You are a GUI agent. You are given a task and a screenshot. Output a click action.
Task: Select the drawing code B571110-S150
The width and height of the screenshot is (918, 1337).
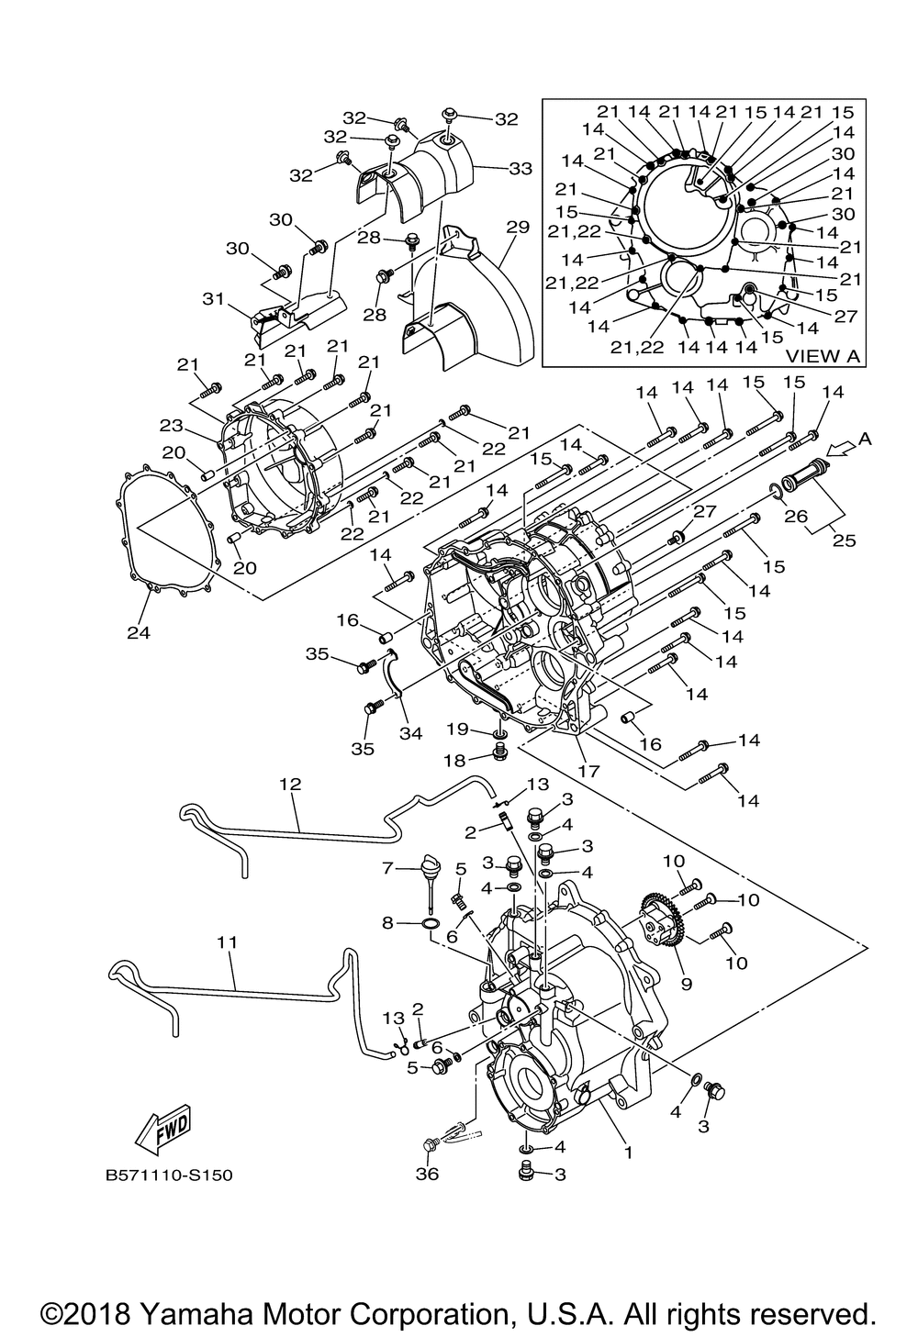tap(162, 1175)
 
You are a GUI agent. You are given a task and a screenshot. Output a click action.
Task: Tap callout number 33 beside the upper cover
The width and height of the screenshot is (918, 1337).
tap(520, 169)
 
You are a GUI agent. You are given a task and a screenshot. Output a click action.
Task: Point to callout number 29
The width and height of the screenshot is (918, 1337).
tap(518, 227)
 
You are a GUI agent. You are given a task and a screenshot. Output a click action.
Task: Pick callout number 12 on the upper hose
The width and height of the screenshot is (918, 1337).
tap(290, 785)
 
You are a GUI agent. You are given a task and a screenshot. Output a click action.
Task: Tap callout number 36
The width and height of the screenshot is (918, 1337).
tap(428, 1174)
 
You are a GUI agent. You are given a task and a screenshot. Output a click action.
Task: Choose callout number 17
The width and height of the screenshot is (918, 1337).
tap(588, 771)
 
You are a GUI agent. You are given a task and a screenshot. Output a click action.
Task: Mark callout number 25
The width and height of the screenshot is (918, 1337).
tap(844, 540)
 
